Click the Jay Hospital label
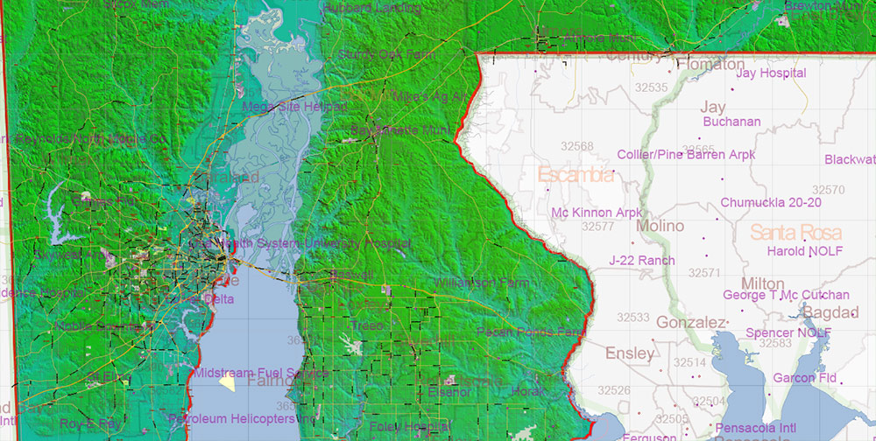tap(771, 73)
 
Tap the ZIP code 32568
tap(577, 146)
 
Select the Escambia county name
tap(576, 175)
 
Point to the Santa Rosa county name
tap(795, 233)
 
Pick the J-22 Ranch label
tap(642, 260)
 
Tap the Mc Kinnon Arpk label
tap(597, 213)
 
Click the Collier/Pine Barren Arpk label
tap(686, 155)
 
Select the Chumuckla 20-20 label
tap(771, 202)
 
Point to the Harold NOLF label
tap(797, 251)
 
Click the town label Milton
tap(762, 284)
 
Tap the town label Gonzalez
tap(691, 322)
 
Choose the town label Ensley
tap(630, 353)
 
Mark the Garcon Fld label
tap(804, 378)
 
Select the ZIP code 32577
tap(597, 227)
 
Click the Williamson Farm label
tap(480, 283)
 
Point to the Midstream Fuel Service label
tap(261, 373)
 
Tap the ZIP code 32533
tap(632, 318)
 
